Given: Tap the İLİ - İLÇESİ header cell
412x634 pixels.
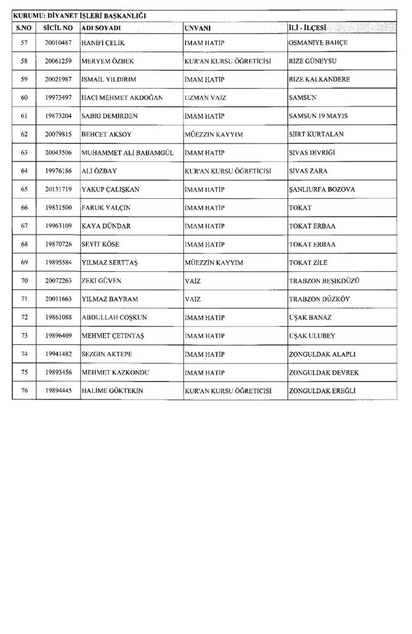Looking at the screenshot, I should [308, 28].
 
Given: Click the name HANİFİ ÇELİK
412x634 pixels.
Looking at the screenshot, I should [103, 42].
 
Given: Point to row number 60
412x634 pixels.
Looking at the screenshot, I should [25, 97].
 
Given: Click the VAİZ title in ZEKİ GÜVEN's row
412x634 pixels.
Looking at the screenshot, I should [193, 280].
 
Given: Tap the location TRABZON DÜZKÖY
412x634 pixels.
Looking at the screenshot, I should [328, 299].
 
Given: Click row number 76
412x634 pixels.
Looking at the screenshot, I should [25, 391].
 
